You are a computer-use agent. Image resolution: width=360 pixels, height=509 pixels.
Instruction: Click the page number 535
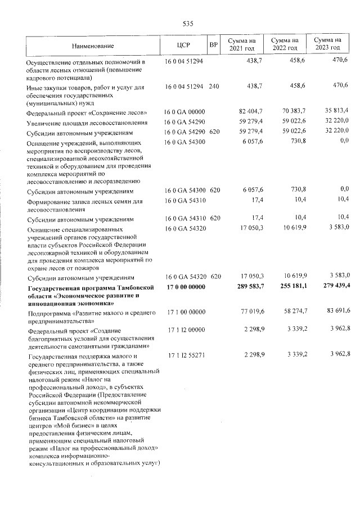(x=188, y=24)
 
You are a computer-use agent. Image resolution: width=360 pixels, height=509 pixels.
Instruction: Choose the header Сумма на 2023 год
(x=327, y=44)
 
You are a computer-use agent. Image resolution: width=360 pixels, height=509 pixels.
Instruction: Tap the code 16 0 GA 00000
(x=185, y=112)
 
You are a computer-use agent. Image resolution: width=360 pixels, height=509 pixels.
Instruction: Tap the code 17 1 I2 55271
(x=185, y=356)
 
